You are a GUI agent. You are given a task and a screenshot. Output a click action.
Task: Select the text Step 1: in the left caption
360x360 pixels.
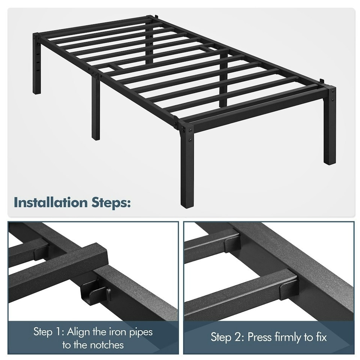[x=48, y=331]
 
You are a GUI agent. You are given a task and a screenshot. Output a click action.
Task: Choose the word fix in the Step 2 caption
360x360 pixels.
[x=320, y=337]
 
